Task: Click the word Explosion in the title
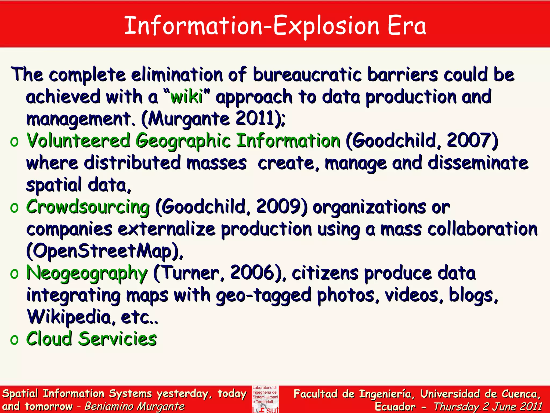tap(326, 26)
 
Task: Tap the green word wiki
tap(187, 97)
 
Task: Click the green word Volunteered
tap(78, 140)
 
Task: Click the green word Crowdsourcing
tap(88, 207)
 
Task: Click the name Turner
tap(191, 273)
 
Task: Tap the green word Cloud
tap(49, 339)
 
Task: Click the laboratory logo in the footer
tap(265, 399)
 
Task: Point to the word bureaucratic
tap(307, 74)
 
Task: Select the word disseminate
tap(478, 163)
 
